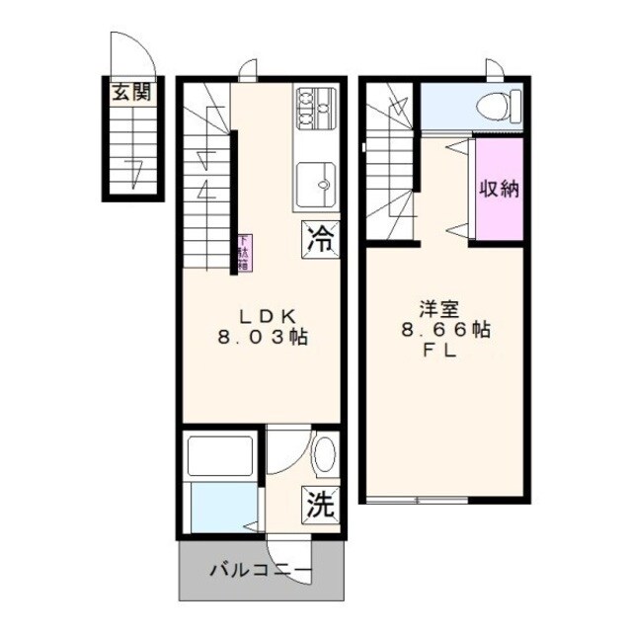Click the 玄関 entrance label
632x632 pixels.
(x=130, y=94)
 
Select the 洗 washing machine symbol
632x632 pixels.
(x=319, y=505)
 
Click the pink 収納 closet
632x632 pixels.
(x=499, y=189)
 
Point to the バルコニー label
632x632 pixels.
(x=261, y=572)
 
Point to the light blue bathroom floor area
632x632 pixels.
(x=219, y=509)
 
